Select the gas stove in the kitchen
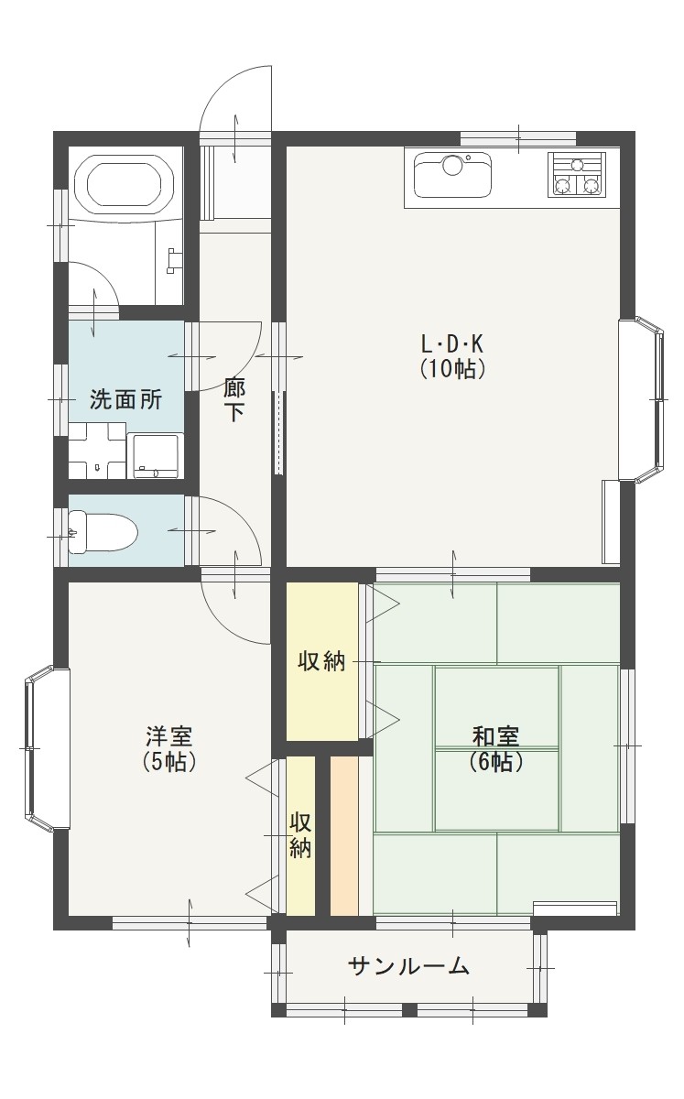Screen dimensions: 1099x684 (x=578, y=175)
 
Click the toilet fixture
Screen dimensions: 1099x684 (x=101, y=531)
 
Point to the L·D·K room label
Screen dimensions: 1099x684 (x=451, y=344)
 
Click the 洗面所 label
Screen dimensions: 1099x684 (x=125, y=399)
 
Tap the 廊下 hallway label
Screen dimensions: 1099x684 (x=235, y=400)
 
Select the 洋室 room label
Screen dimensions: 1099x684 (x=169, y=735)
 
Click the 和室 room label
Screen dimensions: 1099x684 (x=495, y=735)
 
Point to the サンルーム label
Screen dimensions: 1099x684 (x=409, y=965)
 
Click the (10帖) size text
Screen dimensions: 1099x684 (x=452, y=369)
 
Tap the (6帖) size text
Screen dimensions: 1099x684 (x=495, y=761)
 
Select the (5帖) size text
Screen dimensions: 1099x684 (x=169, y=761)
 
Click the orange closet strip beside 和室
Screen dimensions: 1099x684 (x=343, y=834)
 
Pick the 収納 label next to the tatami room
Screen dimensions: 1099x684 (x=322, y=661)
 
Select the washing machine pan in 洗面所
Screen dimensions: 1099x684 (x=155, y=455)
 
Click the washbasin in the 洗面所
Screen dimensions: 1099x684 (x=96, y=451)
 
